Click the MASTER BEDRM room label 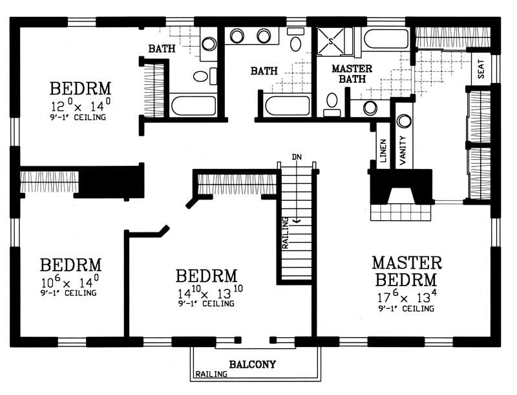coord(406,271)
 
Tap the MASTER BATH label coord(350,74)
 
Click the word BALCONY coord(252,365)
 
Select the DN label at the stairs coord(297,157)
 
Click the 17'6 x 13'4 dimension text coord(406,298)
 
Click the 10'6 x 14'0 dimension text coord(70,283)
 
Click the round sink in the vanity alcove coord(404,121)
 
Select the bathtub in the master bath coord(386,38)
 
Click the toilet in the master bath coord(332,102)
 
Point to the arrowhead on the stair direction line coord(296,221)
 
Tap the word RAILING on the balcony coord(211,374)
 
